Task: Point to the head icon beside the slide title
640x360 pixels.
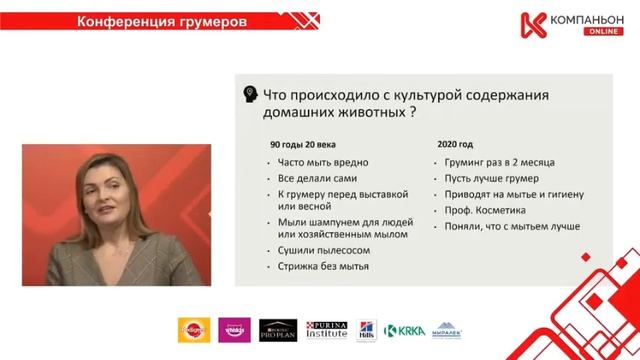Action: pos(251,91)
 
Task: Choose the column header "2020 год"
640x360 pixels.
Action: pos(454,143)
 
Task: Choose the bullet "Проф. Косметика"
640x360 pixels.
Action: pos(488,211)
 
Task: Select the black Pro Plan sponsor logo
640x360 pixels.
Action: pos(279,330)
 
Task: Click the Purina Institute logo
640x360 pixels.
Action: pos(326,330)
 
